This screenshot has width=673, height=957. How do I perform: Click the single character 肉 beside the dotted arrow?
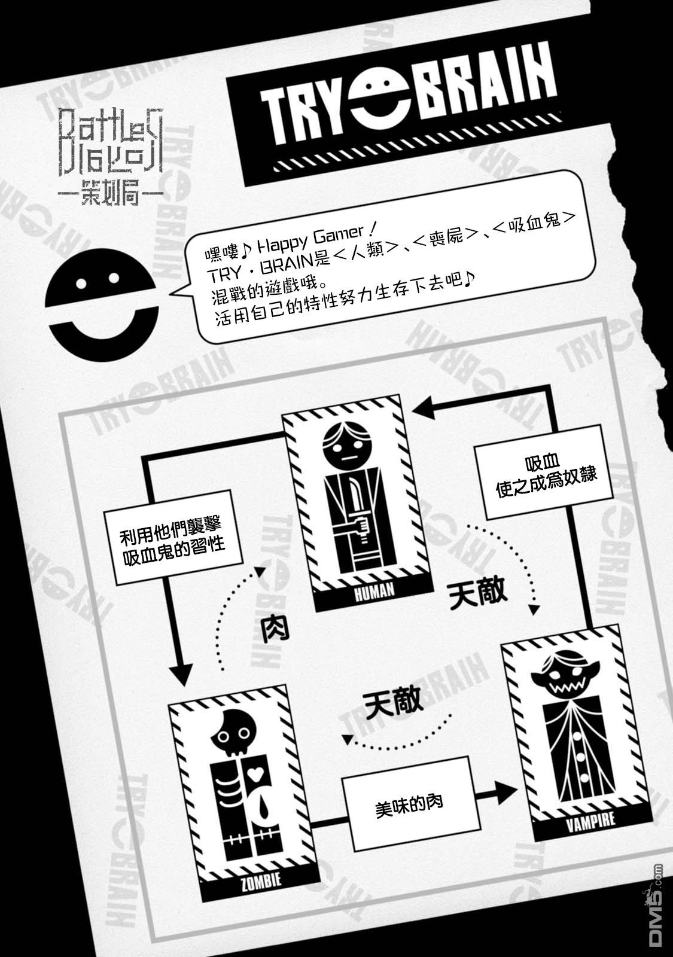point(273,629)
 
